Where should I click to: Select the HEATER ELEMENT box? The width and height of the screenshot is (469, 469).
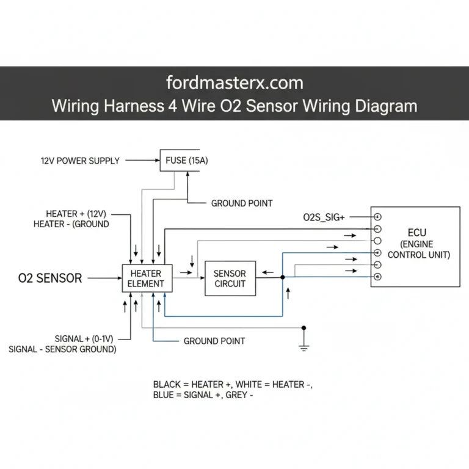[147, 278]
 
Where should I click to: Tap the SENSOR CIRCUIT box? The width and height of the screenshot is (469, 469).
[230, 278]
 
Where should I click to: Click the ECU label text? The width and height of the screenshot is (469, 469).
[418, 233]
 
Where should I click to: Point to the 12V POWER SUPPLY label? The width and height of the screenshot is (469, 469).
[80, 161]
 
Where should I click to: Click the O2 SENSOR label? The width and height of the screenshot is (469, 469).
[50, 278]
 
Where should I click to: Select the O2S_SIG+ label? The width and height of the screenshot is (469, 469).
[324, 217]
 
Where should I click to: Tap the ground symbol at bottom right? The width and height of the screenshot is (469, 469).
[304, 347]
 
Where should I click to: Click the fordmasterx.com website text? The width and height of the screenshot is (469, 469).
[234, 82]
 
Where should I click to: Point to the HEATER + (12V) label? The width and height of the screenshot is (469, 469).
[76, 214]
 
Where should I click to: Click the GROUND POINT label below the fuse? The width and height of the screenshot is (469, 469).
[242, 203]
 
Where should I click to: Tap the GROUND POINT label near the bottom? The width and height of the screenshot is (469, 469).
[214, 341]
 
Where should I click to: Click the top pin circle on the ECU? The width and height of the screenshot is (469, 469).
[377, 217]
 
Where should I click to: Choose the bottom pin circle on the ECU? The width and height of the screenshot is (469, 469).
[377, 277]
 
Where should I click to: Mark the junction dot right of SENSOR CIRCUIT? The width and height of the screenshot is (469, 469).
[282, 277]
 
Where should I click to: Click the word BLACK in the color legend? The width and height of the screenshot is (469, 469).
[167, 384]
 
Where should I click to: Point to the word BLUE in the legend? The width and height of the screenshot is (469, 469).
[165, 395]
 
